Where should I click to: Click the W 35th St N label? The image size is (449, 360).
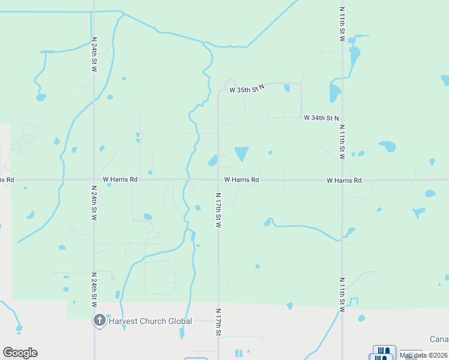click(x=247, y=90)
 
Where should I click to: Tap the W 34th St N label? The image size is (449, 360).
click(x=321, y=118)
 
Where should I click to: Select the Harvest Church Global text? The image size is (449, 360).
click(x=150, y=321)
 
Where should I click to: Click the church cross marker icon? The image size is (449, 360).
click(x=99, y=321)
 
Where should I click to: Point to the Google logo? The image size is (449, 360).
click(x=20, y=353)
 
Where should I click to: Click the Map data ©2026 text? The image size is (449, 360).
click(x=423, y=355)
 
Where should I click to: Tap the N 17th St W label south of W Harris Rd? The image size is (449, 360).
click(x=218, y=209)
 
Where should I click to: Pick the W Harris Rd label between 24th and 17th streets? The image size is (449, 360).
click(x=120, y=179)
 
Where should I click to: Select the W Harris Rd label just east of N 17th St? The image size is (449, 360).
click(x=241, y=179)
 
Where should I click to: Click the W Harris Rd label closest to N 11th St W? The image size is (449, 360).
click(x=344, y=180)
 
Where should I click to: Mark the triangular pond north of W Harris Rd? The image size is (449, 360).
click(x=241, y=153)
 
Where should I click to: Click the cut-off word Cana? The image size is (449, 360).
click(x=439, y=339)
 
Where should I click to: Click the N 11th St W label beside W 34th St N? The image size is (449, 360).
click(x=342, y=142)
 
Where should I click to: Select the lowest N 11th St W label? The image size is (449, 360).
click(x=342, y=295)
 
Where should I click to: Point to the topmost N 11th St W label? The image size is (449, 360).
click(x=342, y=25)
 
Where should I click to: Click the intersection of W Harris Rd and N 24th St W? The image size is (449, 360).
click(x=94, y=179)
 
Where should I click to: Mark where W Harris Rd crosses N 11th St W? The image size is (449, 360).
click(x=342, y=179)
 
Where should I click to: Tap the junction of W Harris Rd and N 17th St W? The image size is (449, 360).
click(x=218, y=179)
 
